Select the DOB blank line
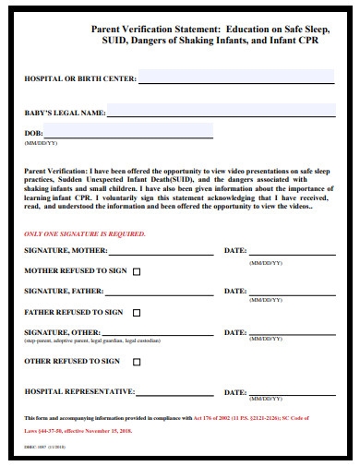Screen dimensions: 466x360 130,137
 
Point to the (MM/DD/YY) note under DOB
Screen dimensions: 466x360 42,144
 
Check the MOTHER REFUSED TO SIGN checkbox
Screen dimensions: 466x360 138,272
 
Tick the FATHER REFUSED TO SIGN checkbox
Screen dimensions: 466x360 138,313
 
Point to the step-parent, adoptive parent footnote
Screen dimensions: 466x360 89,341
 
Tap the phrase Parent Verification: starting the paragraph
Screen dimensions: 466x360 54,171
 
